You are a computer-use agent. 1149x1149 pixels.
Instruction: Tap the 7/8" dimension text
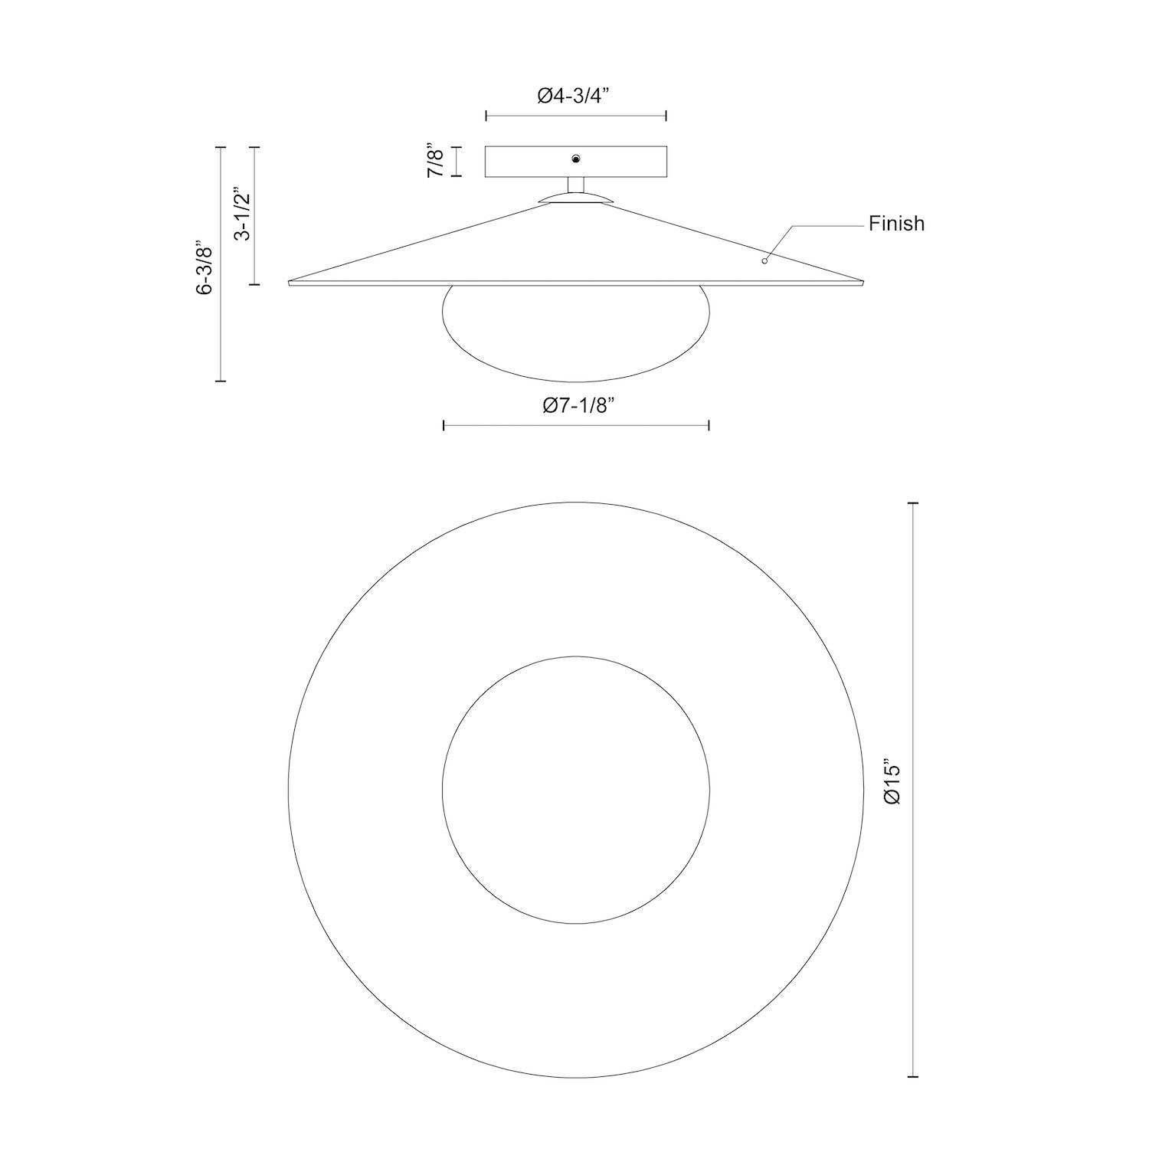coord(435,161)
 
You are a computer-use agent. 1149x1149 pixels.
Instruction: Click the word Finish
coord(895,224)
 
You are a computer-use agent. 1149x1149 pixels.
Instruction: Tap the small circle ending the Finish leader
coord(764,261)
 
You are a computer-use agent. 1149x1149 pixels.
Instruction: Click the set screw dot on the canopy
coord(575,159)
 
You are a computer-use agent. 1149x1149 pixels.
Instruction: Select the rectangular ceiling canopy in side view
coord(529,161)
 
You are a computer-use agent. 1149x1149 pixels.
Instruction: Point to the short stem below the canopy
coord(575,185)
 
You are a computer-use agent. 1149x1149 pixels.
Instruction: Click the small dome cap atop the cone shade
coord(575,198)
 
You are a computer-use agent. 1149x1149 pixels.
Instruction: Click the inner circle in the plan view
coord(575,789)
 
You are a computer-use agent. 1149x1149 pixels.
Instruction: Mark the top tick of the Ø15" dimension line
coord(912,502)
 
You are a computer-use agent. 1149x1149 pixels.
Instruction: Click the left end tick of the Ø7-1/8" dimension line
coord(444,425)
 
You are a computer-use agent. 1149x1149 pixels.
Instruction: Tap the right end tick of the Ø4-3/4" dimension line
coord(666,116)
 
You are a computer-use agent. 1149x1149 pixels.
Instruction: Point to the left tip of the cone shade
coord(291,282)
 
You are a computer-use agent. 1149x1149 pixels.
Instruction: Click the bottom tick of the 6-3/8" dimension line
coord(221,380)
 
